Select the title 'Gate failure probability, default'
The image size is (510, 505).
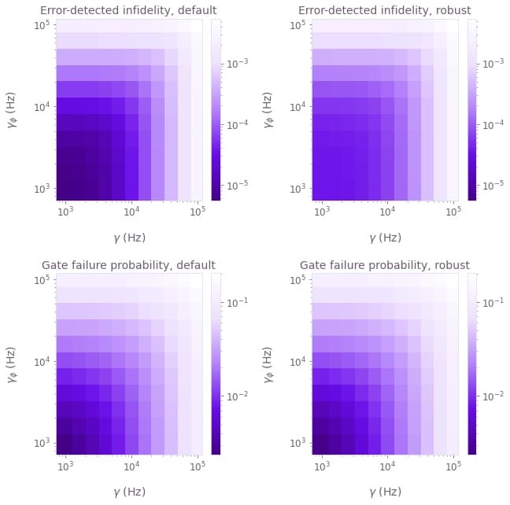128,265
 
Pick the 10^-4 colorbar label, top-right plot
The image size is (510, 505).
496,124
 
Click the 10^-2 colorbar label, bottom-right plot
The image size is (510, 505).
496,396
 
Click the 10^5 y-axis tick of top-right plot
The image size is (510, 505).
298,25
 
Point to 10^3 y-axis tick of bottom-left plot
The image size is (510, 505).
42,443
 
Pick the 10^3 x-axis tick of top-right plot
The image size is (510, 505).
321,211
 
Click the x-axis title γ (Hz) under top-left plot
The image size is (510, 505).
128,237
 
